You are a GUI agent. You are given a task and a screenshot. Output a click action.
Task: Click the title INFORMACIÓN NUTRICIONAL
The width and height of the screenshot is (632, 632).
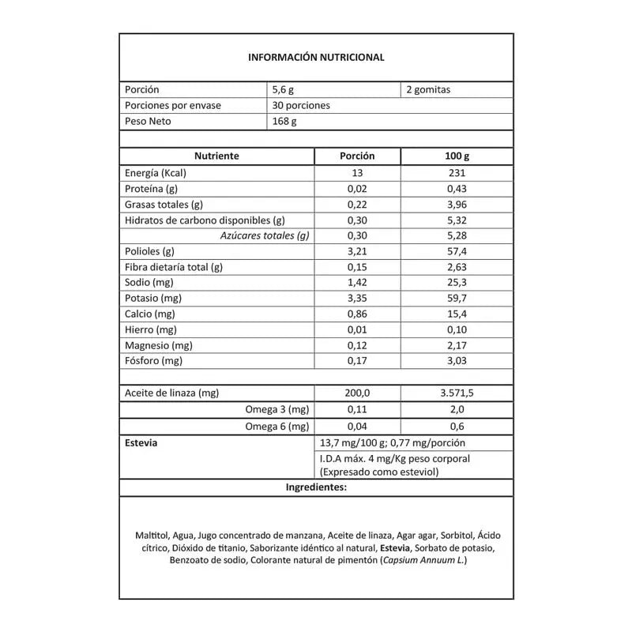point(316,57)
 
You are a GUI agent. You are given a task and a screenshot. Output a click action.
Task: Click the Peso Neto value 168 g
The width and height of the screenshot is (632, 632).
point(284,122)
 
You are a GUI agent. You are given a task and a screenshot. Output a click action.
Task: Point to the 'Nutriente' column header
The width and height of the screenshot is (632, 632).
point(216,156)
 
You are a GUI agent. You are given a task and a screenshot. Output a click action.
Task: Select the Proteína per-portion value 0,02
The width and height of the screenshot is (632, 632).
point(357,189)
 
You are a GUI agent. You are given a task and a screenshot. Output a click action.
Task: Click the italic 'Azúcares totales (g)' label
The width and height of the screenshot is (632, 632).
point(264,235)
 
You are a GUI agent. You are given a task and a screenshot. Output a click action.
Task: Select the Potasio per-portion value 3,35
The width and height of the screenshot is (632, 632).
point(357,298)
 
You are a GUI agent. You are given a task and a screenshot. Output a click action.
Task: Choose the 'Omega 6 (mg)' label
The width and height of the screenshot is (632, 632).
point(276,427)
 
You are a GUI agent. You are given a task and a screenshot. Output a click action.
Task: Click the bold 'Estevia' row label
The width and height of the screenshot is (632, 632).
point(141,443)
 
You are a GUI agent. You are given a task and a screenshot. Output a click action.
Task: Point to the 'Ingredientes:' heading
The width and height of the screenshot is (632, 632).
point(316,487)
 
